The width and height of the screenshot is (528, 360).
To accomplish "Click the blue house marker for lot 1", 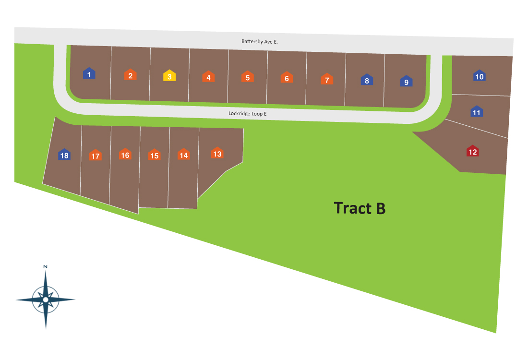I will [89, 73].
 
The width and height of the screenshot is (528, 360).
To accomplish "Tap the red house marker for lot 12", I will [473, 151].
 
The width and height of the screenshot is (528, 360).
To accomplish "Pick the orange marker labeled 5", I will [247, 77].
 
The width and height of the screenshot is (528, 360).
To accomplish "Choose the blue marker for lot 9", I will [406, 81].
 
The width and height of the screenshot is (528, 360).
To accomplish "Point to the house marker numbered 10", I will [479, 76].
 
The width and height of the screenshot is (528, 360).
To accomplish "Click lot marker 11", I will [477, 112].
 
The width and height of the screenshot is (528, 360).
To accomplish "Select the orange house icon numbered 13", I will [217, 153].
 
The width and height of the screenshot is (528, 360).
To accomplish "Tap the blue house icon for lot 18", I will [64, 155].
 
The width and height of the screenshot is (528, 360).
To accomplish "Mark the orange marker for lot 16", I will [125, 155].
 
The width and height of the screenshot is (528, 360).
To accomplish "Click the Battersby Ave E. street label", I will [260, 42].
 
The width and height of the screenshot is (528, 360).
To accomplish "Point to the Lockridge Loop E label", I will [247, 114].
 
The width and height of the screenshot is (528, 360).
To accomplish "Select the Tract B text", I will [360, 208].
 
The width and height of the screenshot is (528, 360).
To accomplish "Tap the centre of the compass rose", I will [46, 300].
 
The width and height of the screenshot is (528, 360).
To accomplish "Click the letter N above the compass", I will [45, 266].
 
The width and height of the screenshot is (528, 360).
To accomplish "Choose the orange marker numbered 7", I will [327, 79].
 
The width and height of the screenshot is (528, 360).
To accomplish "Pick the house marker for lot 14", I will [183, 155].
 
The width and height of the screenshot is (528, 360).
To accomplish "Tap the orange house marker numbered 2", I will [131, 75].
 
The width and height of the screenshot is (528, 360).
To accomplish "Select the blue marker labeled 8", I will [367, 80].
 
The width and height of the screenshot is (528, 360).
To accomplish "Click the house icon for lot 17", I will [96, 155].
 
